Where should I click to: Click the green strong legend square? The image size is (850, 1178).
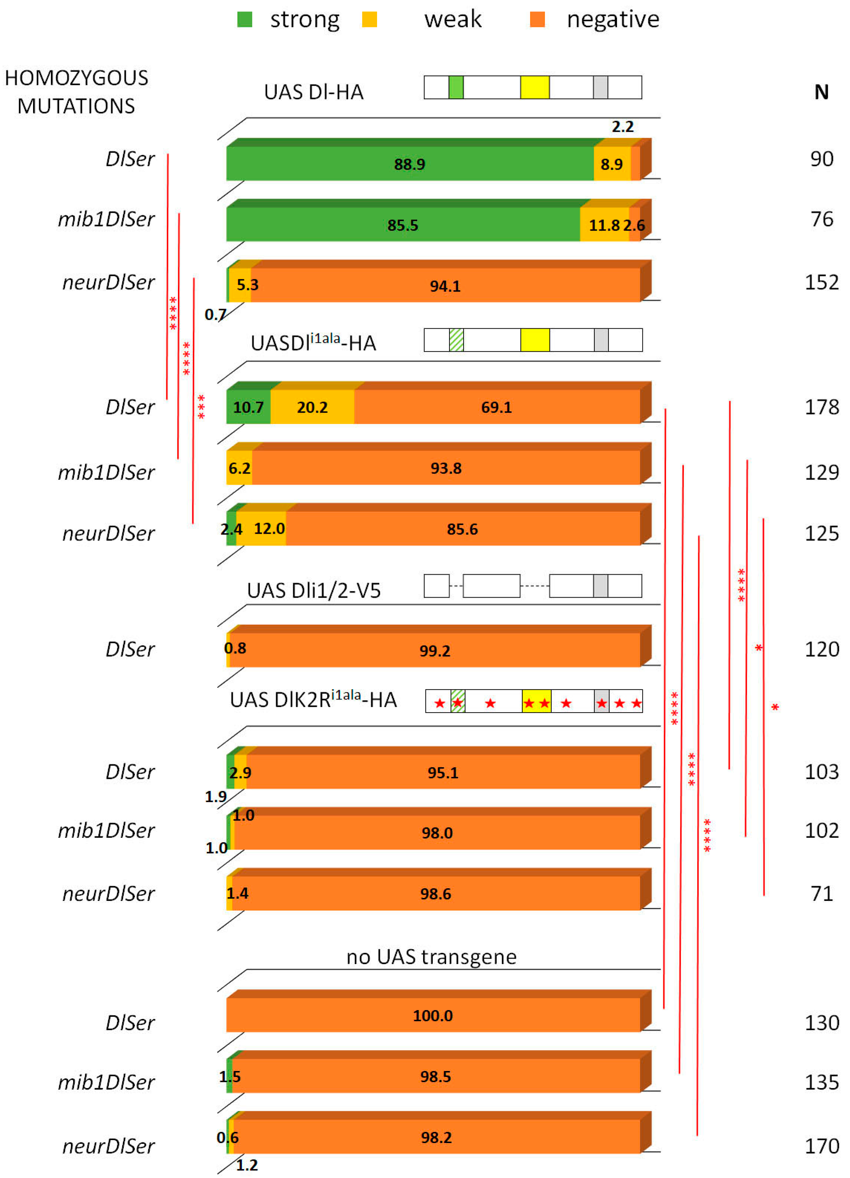coord(245,20)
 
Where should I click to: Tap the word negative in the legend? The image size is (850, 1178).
coord(613,20)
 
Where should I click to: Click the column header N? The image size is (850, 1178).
coord(821,93)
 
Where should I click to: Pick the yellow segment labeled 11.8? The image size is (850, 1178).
coord(604,225)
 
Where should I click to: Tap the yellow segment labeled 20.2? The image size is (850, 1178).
coord(312,407)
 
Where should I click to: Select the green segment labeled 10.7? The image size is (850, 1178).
coord(248,407)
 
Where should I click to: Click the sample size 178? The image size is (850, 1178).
coord(821,407)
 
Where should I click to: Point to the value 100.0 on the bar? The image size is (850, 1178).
coord(432,1015)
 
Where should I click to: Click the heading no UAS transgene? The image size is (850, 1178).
coord(431,956)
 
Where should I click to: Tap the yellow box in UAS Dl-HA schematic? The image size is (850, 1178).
coord(535,87)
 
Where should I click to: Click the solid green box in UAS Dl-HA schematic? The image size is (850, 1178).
coord(456,87)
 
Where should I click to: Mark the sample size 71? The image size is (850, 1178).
coord(821,893)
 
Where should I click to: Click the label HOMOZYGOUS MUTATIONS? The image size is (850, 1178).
coord(77,92)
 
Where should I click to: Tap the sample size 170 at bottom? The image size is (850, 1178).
coord(821,1146)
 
